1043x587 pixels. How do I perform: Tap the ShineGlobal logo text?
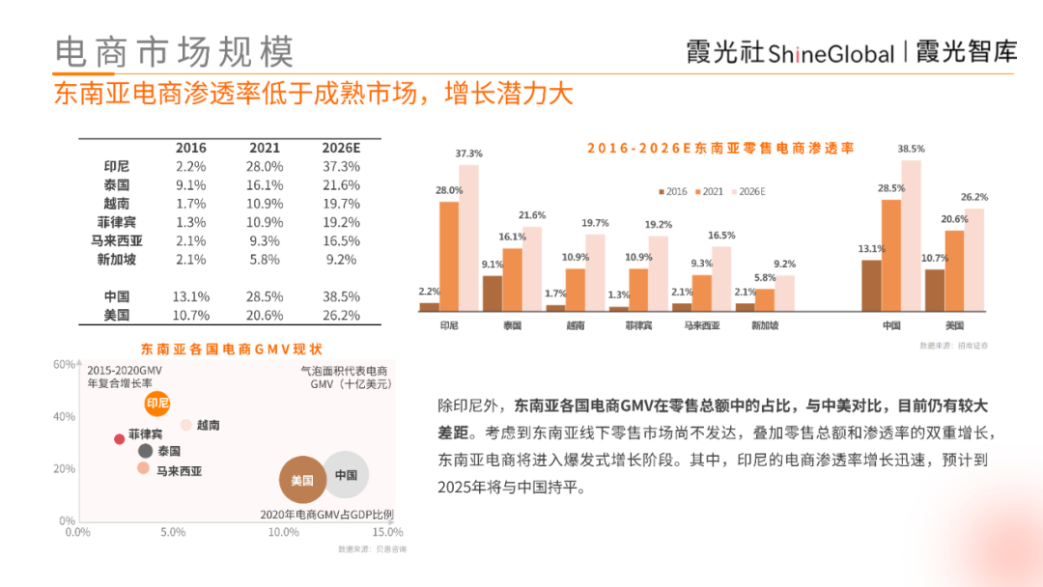pos(832,53)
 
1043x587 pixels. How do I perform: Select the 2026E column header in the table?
pos(340,148)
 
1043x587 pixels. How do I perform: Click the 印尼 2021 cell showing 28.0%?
pos(265,166)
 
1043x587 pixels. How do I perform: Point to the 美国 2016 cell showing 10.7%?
pos(190,316)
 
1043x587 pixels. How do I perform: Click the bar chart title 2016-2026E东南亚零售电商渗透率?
pos(721,148)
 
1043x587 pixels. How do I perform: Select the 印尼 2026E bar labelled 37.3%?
pos(469,238)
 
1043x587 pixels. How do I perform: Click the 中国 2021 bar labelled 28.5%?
pos(890,255)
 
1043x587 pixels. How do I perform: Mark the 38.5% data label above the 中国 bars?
pos(911,149)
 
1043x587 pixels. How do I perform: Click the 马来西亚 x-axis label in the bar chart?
pos(701,325)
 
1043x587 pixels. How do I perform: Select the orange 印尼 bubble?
pos(156,403)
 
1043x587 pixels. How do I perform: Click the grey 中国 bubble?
pos(346,475)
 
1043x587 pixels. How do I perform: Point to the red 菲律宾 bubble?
pos(120,439)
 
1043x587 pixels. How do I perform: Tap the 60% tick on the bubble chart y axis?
pos(63,365)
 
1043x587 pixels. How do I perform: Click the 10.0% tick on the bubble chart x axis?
pos(284,532)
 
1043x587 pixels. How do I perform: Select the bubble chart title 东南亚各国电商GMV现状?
pos(232,349)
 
